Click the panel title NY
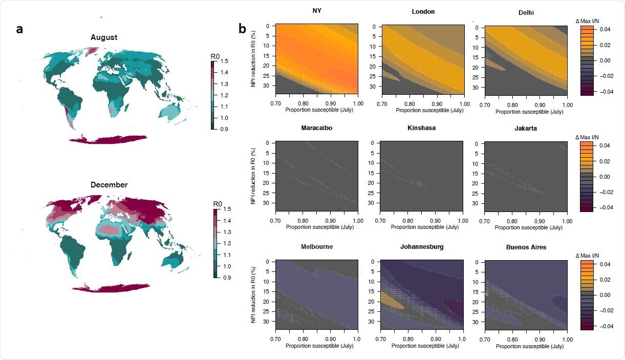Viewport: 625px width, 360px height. coord(316,11)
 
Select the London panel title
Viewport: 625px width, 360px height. coord(423,12)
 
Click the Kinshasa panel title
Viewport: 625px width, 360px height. coord(422,128)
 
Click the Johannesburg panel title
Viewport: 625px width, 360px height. coord(422,247)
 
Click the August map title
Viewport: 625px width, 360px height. coord(104,37)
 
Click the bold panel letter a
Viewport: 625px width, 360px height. coord(19,29)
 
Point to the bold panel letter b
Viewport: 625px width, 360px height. coord(243,29)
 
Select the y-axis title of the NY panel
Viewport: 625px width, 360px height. coord(252,56)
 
